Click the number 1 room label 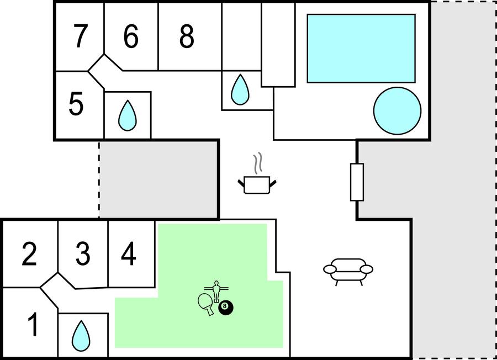(33, 325)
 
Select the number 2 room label (29, 254)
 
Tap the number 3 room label (83, 254)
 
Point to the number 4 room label (128, 254)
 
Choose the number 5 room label (76, 104)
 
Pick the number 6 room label (130, 36)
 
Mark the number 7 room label (81, 36)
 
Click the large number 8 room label (187, 36)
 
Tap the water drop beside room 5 (128, 115)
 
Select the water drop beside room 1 (82, 333)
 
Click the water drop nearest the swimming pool (240, 89)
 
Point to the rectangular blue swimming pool (361, 48)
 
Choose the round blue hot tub (397, 110)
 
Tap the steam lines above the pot (258, 163)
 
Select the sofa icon (348, 271)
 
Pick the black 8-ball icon (226, 308)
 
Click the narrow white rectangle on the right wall (357, 182)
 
